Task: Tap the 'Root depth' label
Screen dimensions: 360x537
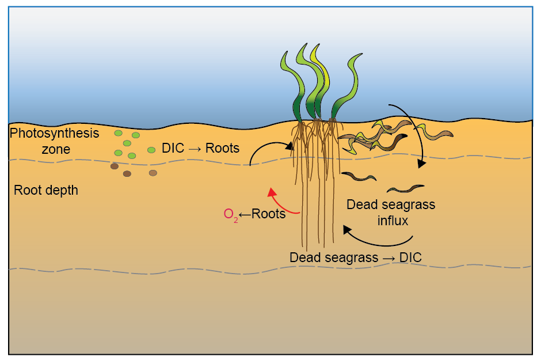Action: (46, 190)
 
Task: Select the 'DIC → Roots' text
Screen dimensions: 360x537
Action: (200, 148)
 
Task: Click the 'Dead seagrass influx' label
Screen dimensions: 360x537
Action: (391, 212)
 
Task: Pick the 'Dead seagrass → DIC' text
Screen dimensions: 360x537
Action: (355, 257)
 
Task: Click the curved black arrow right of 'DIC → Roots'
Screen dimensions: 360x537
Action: (271, 149)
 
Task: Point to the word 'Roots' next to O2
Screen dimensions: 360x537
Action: (269, 214)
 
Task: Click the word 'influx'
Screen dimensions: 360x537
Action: (392, 220)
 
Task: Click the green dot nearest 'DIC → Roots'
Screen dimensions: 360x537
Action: (151, 150)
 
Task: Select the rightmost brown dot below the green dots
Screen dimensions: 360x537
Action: (153, 173)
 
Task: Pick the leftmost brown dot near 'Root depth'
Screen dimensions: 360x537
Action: (115, 166)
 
